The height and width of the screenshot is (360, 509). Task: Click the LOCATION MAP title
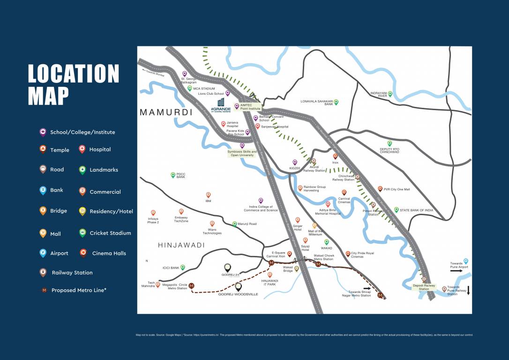74,85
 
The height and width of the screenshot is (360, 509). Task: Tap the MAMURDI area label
166,112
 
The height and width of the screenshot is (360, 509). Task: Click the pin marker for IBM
209,195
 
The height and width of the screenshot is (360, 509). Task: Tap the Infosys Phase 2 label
153,221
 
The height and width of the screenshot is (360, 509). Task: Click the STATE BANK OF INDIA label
416,210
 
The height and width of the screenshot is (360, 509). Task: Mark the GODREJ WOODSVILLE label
238,294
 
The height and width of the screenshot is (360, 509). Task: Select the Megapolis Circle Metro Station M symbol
191,285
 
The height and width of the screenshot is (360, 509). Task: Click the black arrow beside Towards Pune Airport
457,270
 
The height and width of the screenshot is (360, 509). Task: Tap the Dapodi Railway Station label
424,287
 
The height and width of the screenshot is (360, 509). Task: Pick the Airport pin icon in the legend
43,253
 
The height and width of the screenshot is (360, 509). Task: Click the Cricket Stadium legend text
110,233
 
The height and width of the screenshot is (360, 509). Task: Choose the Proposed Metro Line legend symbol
44,290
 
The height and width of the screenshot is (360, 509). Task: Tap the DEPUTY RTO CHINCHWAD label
389,151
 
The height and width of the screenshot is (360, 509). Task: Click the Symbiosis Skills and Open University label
242,153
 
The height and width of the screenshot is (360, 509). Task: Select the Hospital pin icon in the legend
82,150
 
